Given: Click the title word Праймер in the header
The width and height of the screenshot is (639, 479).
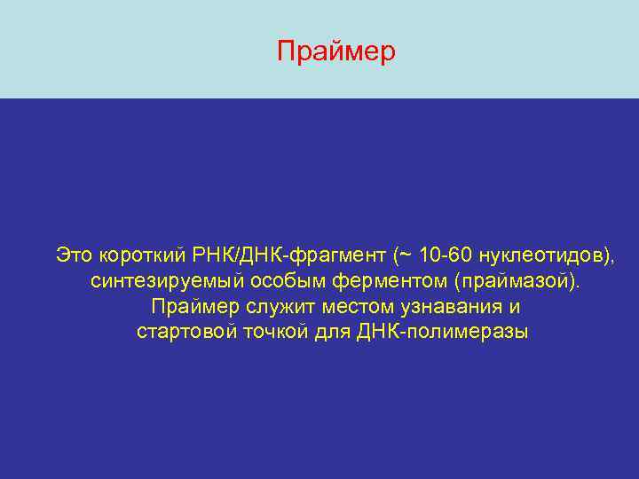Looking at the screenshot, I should pyautogui.click(x=335, y=52).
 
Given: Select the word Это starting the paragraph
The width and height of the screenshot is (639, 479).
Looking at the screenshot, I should pyautogui.click(x=75, y=255).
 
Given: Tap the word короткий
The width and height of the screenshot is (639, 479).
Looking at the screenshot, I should pyautogui.click(x=141, y=255).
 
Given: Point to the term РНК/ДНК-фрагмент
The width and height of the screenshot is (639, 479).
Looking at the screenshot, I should pyautogui.click(x=288, y=255).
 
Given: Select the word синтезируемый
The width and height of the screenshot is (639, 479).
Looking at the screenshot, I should pyautogui.click(x=155, y=281).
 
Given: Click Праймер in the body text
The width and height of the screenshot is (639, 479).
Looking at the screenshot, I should pyautogui.click(x=195, y=307).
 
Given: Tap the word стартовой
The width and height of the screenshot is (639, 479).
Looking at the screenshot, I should pyautogui.click(x=180, y=333).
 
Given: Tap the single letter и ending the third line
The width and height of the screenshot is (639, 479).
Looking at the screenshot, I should pyautogui.click(x=515, y=307).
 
